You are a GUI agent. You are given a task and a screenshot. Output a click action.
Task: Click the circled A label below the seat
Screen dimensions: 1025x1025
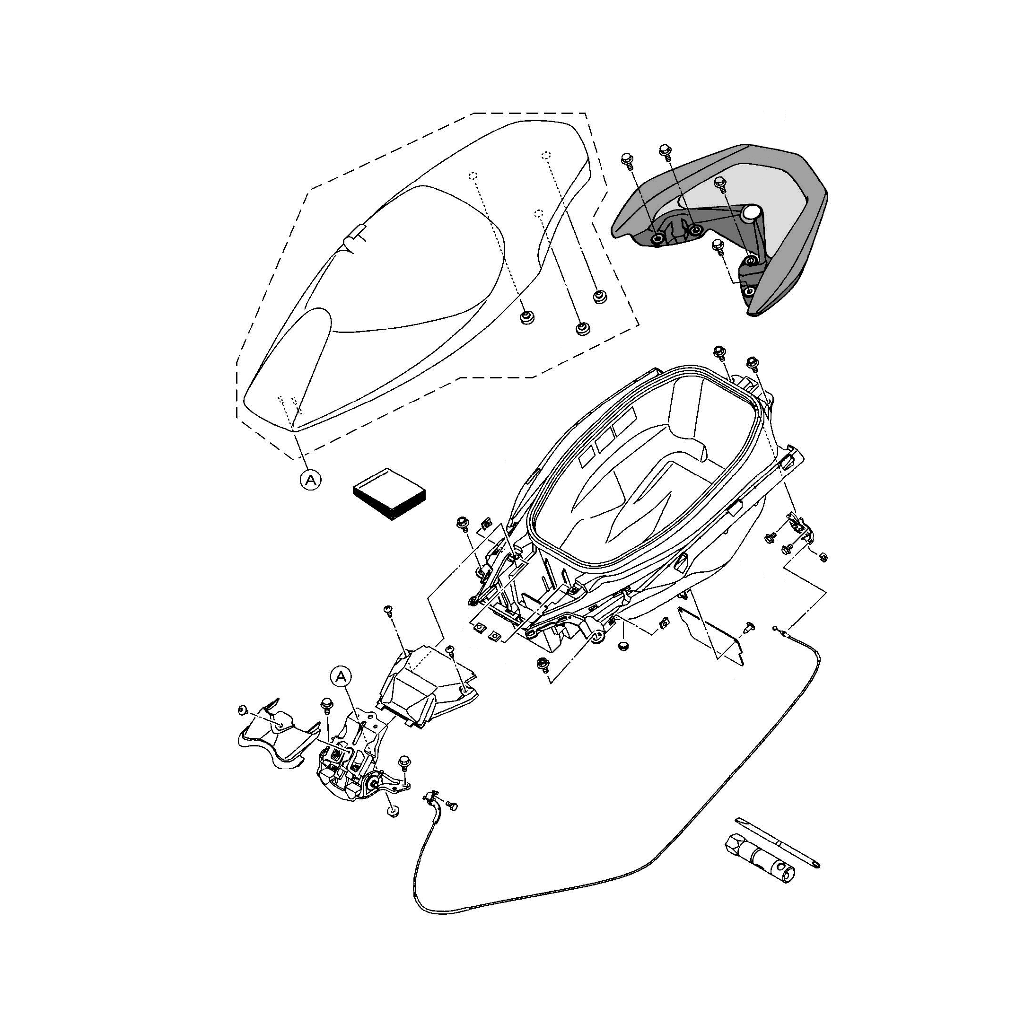pos(311,480)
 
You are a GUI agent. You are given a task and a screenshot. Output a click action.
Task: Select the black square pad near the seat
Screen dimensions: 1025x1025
pos(389,494)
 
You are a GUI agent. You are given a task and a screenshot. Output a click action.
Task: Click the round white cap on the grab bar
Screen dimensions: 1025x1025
pos(751,213)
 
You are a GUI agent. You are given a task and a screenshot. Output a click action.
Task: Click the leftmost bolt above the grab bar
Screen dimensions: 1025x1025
pos(626,158)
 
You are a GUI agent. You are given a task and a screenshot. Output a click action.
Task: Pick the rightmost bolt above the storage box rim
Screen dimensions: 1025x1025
pos(752,363)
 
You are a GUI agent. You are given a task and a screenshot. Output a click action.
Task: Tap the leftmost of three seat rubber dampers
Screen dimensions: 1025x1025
pos(526,317)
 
